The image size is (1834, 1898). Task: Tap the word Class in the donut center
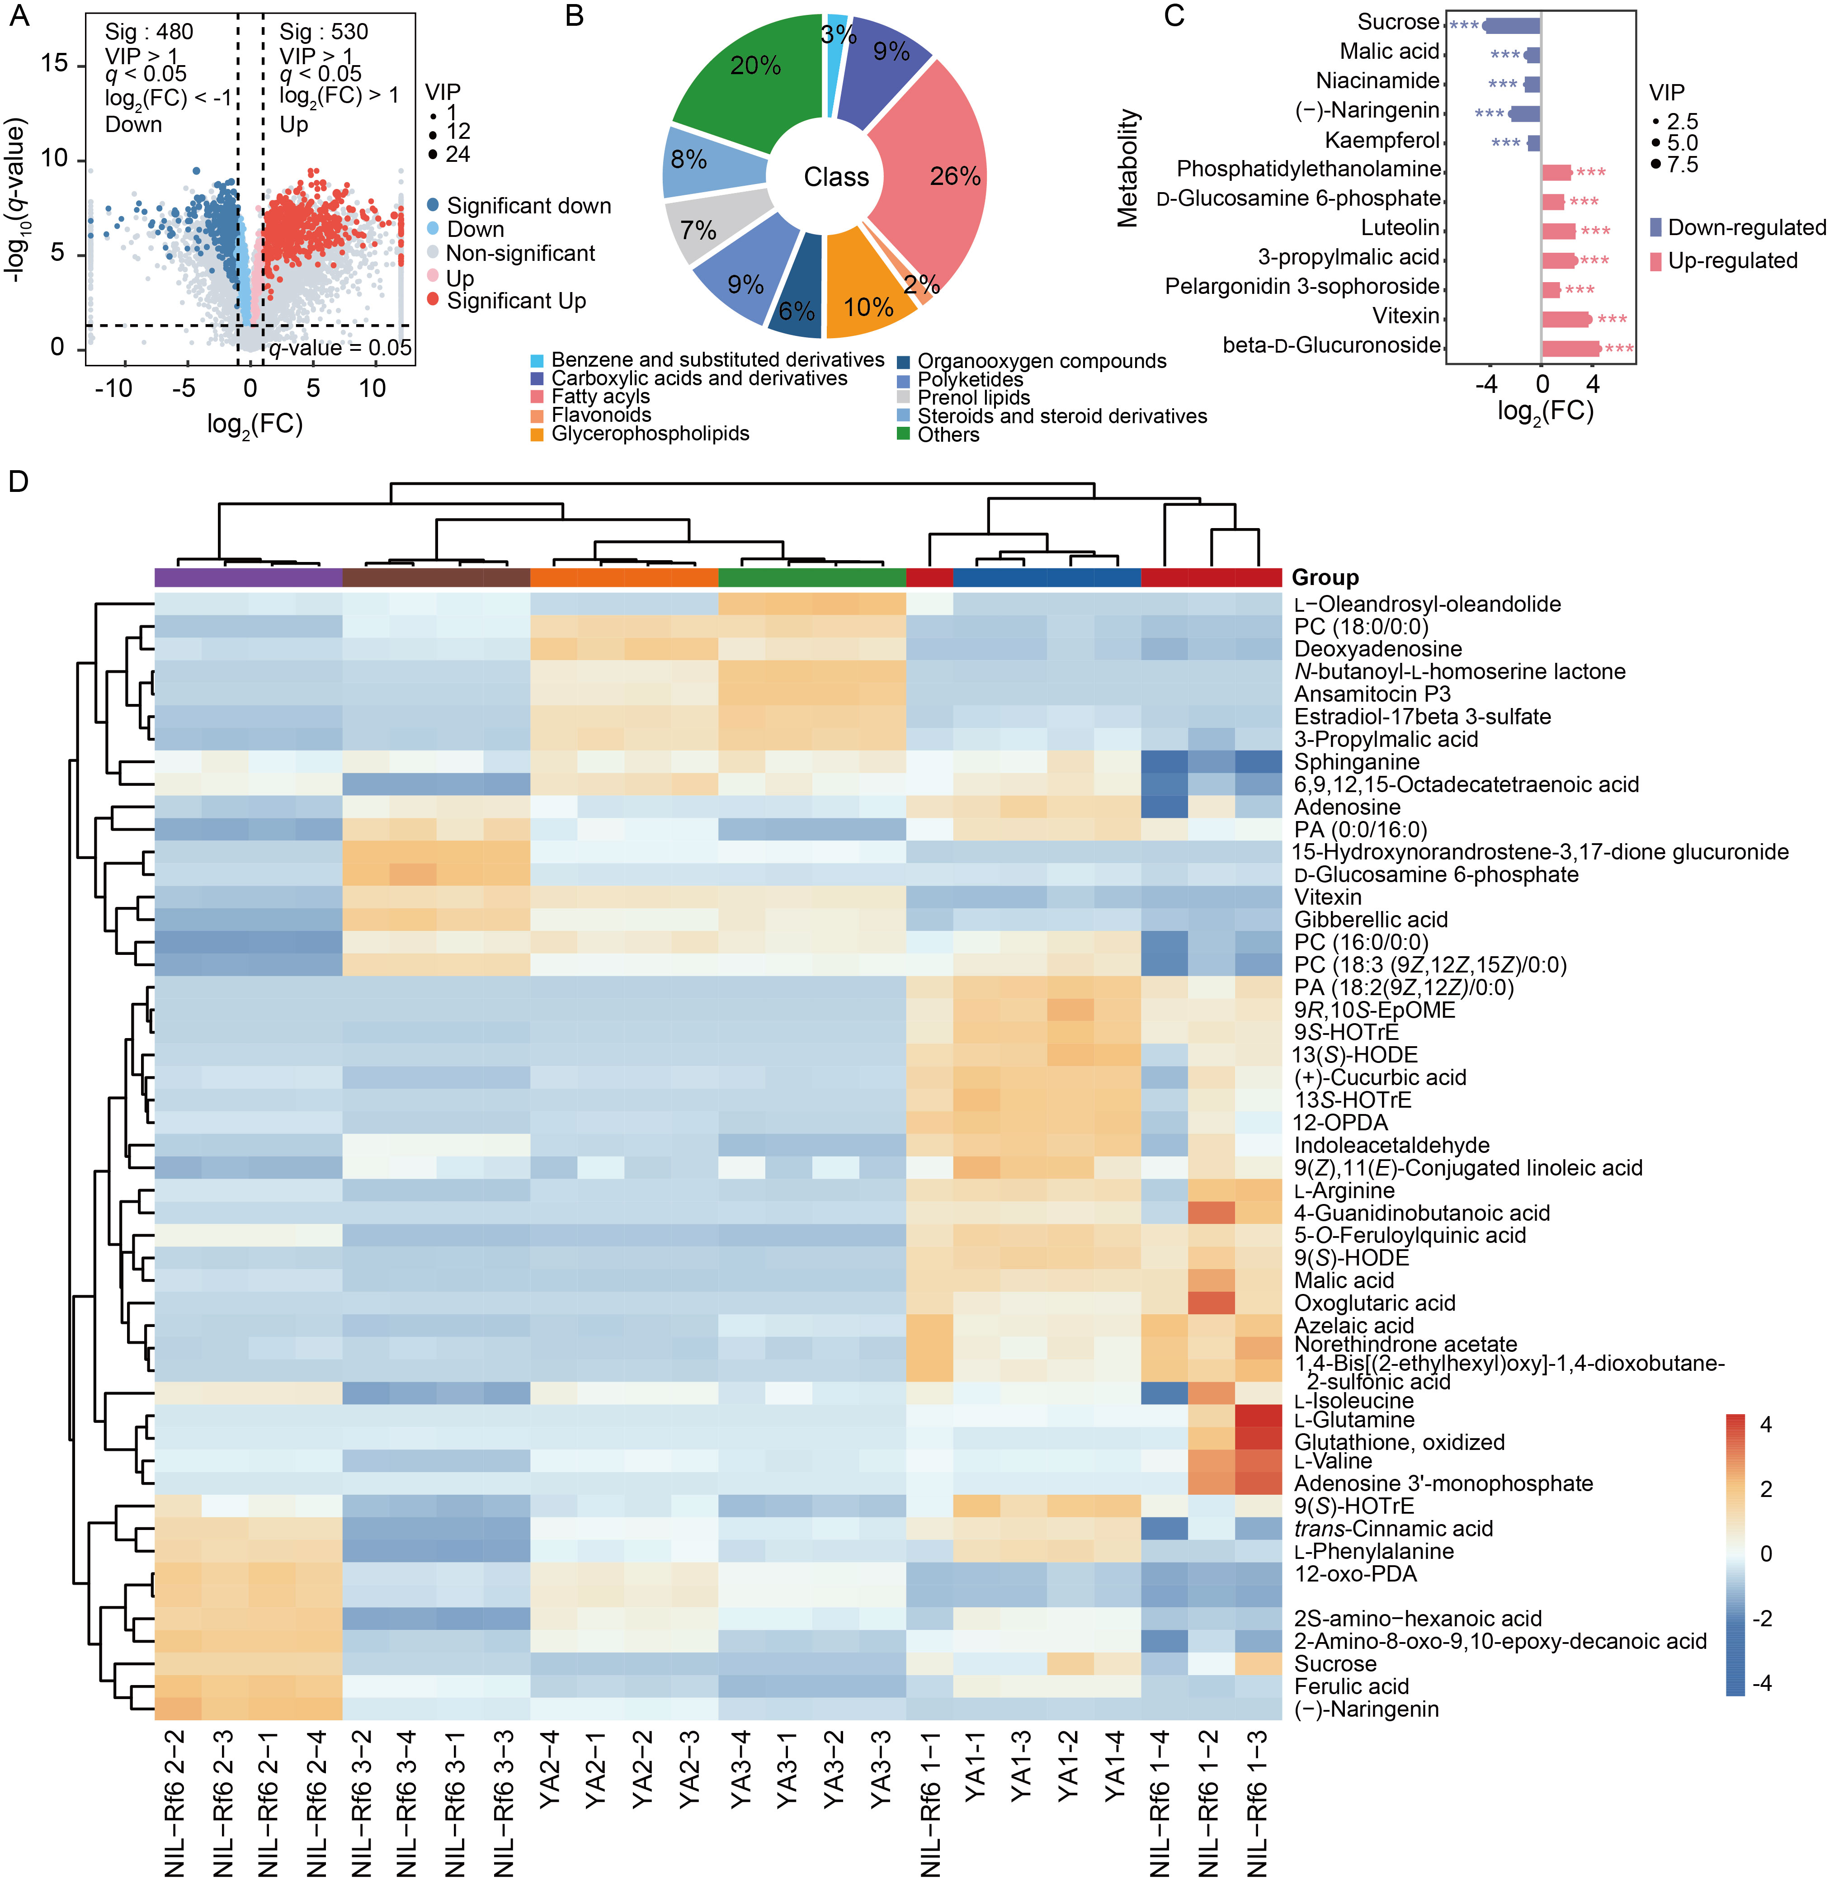click(837, 177)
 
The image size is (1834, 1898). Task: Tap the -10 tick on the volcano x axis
click(113, 388)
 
